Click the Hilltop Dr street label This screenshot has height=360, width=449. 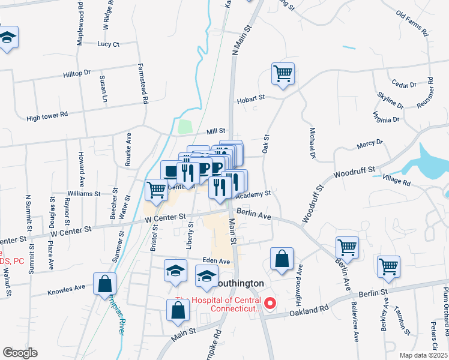[x=77, y=73]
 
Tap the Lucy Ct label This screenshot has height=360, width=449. [x=109, y=44]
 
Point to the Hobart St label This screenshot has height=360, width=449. [x=250, y=99]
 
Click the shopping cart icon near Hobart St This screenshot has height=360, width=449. [x=283, y=74]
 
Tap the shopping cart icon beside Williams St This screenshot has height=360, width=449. [x=156, y=190]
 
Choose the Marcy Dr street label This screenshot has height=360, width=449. [x=369, y=143]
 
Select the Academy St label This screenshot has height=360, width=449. [x=254, y=194]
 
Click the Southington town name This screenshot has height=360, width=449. [x=240, y=283]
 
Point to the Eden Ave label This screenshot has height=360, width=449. [x=217, y=262]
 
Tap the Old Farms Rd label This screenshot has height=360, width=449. [x=412, y=23]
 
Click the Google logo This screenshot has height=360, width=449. [x=19, y=353]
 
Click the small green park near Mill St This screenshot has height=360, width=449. [x=185, y=127]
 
